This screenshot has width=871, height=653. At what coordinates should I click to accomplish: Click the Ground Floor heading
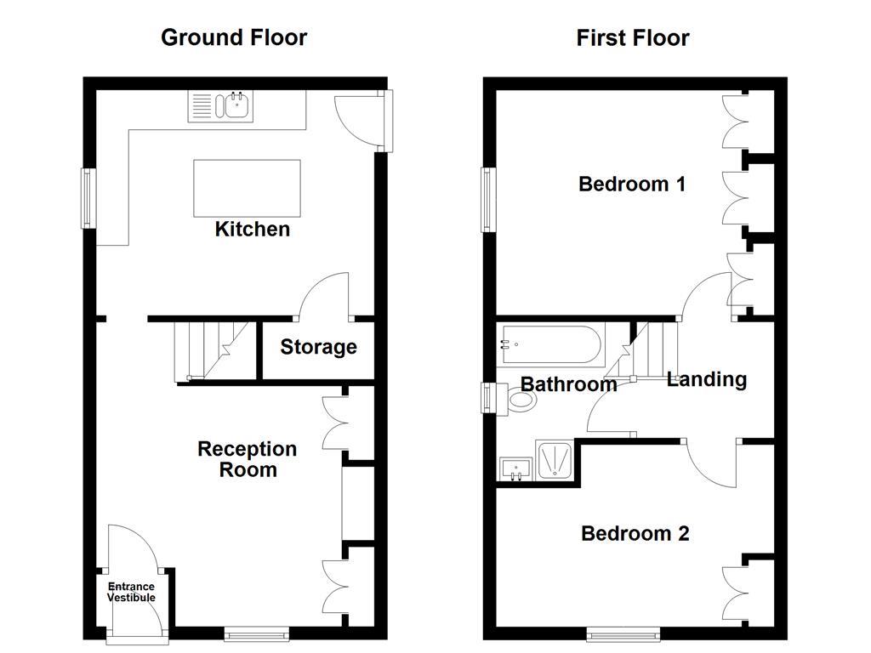pyautogui.click(x=234, y=37)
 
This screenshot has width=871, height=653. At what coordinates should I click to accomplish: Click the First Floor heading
pyautogui.click(x=632, y=37)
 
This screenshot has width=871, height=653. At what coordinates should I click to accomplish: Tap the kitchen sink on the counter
pyautogui.click(x=232, y=106)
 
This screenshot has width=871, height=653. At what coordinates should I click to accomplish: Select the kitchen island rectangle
pyautogui.click(x=247, y=188)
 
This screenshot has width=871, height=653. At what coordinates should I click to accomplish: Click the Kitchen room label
pyautogui.click(x=252, y=229)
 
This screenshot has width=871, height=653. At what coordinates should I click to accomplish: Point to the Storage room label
pyautogui.click(x=318, y=347)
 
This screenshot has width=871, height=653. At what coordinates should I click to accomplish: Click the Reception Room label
pyautogui.click(x=248, y=459)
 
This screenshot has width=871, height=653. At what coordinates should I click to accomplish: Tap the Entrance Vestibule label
pyautogui.click(x=131, y=592)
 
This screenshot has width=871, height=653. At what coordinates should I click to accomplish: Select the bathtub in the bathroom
pyautogui.click(x=551, y=345)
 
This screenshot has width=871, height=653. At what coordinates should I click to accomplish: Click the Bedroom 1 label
pyautogui.click(x=631, y=184)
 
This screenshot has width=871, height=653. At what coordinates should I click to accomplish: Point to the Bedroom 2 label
pyautogui.click(x=635, y=533)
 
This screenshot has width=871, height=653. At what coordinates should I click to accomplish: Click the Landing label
pyautogui.click(x=706, y=379)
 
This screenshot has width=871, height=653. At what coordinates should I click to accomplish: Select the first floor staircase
pyautogui.click(x=655, y=349)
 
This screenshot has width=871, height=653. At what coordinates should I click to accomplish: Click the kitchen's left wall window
pyautogui.click(x=87, y=198)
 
